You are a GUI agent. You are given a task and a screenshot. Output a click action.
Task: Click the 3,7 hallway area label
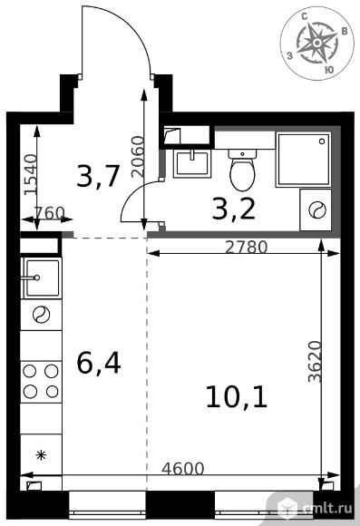point(98,177)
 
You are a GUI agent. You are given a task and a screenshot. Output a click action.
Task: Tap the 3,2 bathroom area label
point(234,210)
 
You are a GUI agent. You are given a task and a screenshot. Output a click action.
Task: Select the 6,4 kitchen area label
point(99,365)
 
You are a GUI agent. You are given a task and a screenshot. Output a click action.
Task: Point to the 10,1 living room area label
point(237,397)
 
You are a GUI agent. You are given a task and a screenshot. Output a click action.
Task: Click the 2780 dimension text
point(247,248)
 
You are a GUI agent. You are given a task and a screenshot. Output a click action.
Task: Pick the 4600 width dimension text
point(183,468)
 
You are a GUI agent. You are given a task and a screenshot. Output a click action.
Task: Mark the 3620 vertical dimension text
point(315,361)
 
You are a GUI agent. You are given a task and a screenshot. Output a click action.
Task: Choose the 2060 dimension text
point(138,156)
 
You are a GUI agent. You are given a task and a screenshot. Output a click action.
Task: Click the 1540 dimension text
point(31,174)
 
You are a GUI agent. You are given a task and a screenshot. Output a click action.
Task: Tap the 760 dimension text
point(49,213)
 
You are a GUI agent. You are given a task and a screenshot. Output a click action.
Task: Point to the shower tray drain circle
point(322,141)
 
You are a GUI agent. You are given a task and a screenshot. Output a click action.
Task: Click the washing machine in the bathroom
point(316,210)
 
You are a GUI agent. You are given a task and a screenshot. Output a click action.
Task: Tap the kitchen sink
point(42,278)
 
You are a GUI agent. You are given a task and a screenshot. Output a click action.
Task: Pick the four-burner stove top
point(41,382)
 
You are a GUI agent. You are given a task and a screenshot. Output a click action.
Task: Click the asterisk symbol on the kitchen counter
point(41,455)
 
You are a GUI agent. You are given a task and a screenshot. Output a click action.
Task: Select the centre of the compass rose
point(316,43)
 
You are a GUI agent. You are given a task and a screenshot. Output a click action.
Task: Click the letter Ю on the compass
point(329,70)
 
